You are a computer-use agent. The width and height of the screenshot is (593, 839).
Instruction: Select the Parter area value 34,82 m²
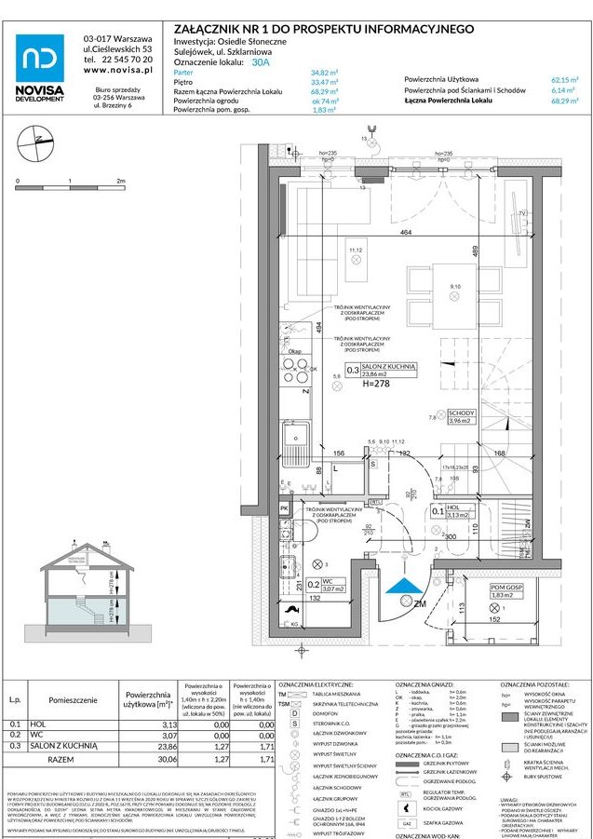click(x=324, y=72)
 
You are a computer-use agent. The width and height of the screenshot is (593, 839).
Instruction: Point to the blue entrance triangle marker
click(x=406, y=587)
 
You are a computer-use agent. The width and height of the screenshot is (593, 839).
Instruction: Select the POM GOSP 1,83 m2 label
click(x=508, y=592)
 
